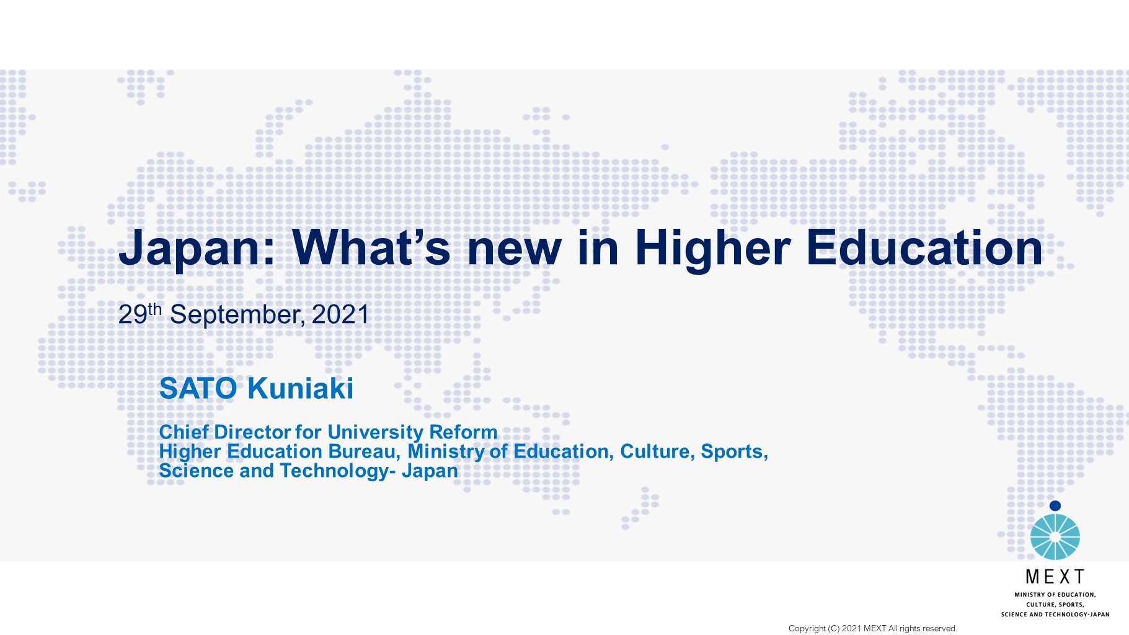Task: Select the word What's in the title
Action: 371,247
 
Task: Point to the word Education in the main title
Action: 924,247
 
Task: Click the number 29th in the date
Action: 140,314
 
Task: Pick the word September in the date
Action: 237,315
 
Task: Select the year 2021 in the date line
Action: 340,314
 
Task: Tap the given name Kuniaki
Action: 300,389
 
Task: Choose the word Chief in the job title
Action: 184,432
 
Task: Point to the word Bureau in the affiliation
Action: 364,451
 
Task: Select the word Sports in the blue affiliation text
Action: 734,451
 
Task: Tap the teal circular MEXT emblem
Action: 1055,536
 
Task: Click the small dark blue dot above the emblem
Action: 1055,506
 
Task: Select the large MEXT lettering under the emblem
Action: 1055,577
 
